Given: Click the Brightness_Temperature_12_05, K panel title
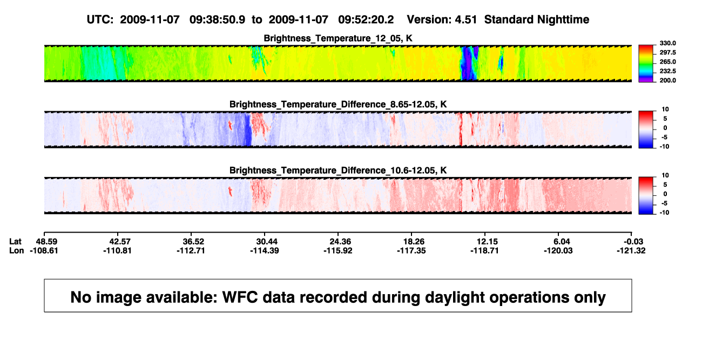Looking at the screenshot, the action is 338,38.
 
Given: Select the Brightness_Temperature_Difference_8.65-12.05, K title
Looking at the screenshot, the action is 338,104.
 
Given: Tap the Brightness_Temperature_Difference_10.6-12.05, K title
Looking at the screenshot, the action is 338,171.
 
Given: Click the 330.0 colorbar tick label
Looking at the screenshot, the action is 667,43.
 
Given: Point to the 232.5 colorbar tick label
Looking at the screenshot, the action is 667,71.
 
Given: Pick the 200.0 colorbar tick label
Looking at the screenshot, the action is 667,80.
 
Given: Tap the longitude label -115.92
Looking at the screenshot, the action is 338,251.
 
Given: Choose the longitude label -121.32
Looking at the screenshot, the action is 631,251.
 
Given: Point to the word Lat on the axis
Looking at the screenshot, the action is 15,242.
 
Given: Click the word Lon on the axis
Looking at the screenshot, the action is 16,251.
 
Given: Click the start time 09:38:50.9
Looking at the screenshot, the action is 217,19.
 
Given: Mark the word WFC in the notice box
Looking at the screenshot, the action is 240,297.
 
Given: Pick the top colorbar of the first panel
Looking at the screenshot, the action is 646,64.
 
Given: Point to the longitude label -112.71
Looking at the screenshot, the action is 191,251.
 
